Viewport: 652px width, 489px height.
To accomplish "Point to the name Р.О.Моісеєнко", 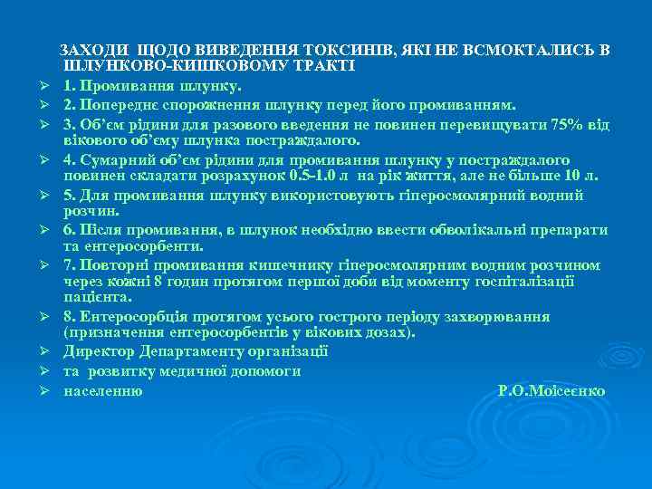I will [x=551, y=391].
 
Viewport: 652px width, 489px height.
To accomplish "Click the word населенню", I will [x=102, y=391].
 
